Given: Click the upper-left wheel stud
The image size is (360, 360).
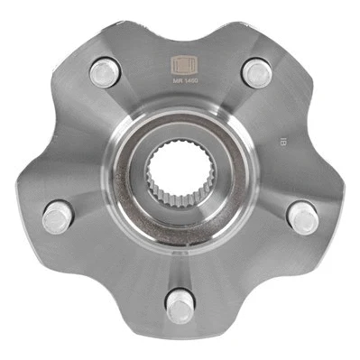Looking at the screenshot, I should coord(105,70).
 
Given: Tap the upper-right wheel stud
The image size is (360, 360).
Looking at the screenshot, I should coord(256,71).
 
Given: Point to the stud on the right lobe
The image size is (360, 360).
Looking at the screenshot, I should coord(301,216).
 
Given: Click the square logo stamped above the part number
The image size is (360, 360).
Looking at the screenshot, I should coord(180,66).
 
